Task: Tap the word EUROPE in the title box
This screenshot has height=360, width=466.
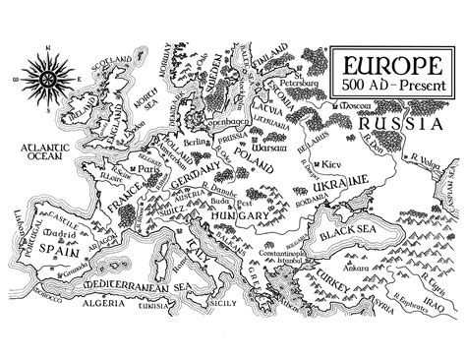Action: click(x=390, y=66)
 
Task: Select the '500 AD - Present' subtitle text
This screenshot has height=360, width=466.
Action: click(x=390, y=86)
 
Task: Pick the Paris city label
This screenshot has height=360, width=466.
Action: click(x=148, y=168)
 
